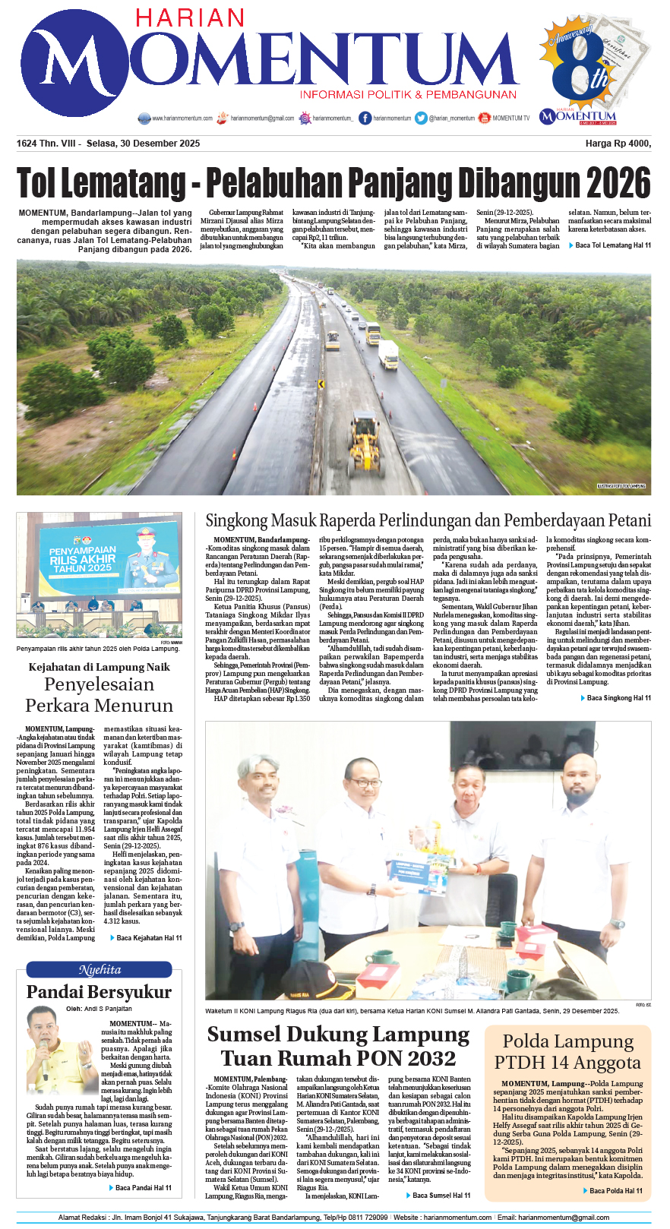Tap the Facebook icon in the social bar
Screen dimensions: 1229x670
[365, 118]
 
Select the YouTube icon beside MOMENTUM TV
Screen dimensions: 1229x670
[484, 118]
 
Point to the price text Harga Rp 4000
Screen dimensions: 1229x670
[618, 144]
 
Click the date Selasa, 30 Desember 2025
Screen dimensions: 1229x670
[144, 144]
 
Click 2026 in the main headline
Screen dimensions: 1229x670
[608, 184]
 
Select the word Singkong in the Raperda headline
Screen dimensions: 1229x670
[236, 520]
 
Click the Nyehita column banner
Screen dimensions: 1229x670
[100, 969]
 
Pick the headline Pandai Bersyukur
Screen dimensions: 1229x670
[100, 992]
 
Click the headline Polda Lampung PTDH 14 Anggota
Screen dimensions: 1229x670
[568, 1051]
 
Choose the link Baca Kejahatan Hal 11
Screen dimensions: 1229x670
[148, 938]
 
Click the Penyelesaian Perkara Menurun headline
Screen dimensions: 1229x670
[100, 694]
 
